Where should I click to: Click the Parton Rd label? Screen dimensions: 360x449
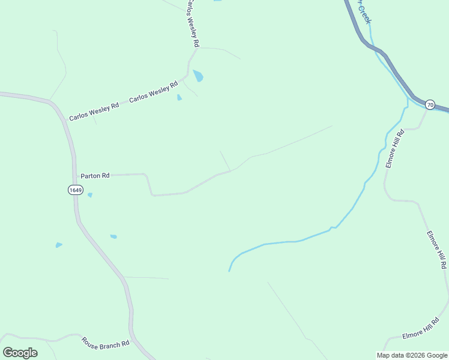pos(95,176)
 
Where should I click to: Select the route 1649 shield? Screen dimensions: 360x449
pos(75,190)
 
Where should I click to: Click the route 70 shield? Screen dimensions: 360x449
pos(430,104)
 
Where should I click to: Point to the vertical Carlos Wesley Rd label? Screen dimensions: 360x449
pos(191,24)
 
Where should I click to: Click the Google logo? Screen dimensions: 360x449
pos(20,353)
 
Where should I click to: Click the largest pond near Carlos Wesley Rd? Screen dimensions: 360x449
pos(198,76)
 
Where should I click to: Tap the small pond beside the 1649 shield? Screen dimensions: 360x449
pos(90,195)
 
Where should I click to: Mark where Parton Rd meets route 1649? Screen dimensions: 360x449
pos(74,176)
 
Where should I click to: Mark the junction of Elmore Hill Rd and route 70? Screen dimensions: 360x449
pos(427,110)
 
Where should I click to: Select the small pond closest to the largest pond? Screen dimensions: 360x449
pos(179,97)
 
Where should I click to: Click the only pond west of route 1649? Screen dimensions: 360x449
pos(58,245)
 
